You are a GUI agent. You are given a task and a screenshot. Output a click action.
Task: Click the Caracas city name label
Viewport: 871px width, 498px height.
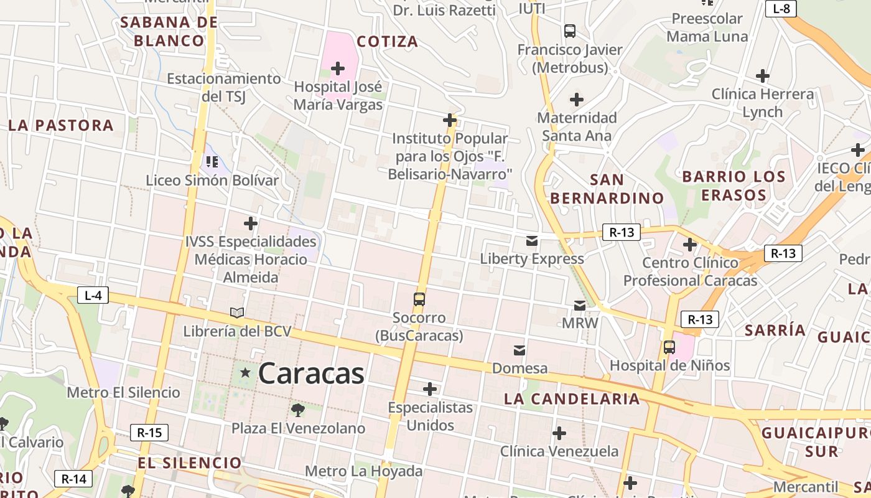point(310,374)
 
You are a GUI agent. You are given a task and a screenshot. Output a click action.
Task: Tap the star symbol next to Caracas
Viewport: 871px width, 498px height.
point(246,373)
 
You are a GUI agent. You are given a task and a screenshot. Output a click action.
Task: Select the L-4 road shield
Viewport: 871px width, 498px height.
point(93,295)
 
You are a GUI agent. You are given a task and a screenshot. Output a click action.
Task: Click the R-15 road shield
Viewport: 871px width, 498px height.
point(149,432)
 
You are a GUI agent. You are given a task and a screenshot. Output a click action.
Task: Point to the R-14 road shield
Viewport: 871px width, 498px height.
point(74,479)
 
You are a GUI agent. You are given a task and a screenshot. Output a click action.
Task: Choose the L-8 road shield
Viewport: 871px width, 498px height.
point(781,9)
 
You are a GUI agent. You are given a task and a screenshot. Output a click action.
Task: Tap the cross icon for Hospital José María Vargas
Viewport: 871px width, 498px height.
point(338,68)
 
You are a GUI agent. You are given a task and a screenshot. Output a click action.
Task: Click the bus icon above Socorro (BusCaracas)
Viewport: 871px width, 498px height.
point(419,299)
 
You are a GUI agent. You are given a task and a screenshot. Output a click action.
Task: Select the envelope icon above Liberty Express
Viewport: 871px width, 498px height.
point(532,241)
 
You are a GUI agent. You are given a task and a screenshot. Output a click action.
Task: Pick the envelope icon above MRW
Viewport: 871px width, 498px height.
point(580,305)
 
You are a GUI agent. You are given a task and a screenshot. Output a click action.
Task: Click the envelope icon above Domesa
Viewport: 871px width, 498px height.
point(519,350)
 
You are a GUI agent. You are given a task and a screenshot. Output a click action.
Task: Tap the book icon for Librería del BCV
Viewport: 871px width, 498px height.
point(237,312)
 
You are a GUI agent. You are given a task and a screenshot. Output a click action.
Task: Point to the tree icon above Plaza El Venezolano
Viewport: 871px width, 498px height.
point(298,410)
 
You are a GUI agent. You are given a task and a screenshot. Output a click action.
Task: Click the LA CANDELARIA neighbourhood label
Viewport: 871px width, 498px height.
point(572,399)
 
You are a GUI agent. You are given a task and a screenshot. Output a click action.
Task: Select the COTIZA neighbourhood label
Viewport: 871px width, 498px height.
point(387,42)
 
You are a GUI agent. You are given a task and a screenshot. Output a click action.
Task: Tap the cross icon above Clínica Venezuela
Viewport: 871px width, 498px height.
point(559,433)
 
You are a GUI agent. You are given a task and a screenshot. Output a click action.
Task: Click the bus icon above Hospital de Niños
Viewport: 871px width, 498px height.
point(669,347)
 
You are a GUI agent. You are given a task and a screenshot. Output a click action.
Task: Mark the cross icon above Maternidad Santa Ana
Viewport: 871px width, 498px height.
point(577,99)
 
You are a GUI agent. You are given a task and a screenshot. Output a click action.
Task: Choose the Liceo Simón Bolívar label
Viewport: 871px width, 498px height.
point(212,181)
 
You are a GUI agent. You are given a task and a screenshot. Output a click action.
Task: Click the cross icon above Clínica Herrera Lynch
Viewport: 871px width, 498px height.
point(763,76)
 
